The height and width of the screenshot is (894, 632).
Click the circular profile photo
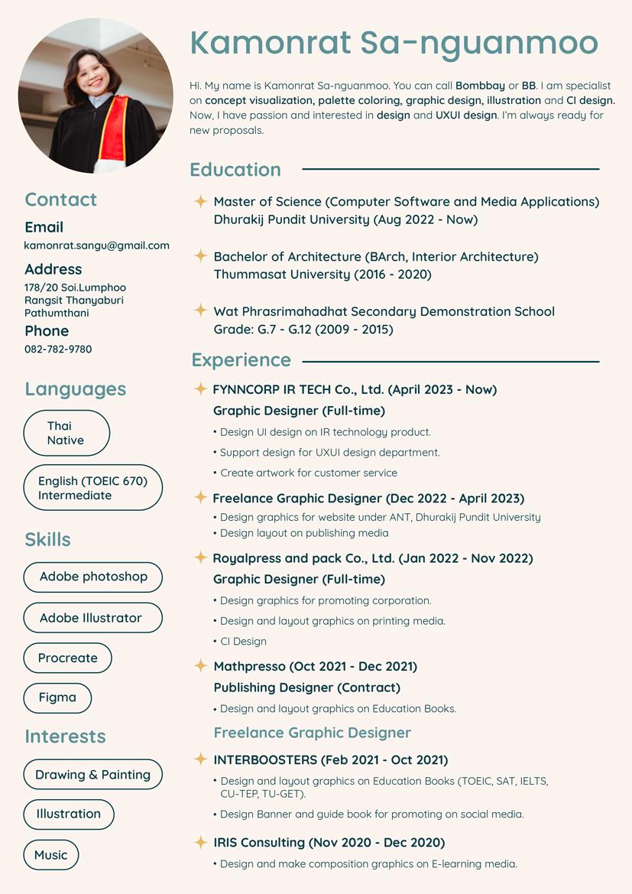(96, 96)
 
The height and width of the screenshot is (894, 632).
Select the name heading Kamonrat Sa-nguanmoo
(394, 43)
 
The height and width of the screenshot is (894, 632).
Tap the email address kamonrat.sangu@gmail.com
(97, 245)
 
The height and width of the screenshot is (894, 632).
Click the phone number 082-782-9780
(58, 349)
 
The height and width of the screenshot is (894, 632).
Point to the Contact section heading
(61, 200)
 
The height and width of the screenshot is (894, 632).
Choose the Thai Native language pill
(66, 433)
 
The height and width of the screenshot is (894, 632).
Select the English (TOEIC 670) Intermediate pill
(92, 488)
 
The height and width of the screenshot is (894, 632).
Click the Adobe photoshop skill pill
(93, 577)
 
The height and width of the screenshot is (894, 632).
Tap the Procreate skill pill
(68, 658)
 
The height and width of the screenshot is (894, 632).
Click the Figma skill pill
(57, 697)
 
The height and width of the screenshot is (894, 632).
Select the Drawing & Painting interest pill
(93, 775)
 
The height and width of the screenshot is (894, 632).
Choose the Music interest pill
(51, 855)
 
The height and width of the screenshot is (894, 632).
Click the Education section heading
(235, 170)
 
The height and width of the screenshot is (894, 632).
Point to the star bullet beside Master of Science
(200, 201)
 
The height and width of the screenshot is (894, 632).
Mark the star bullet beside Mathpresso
(200, 666)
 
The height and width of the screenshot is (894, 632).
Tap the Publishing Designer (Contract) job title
(306, 688)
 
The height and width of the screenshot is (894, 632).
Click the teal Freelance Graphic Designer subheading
(313, 733)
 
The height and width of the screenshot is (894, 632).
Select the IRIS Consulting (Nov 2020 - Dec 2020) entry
(329, 843)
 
